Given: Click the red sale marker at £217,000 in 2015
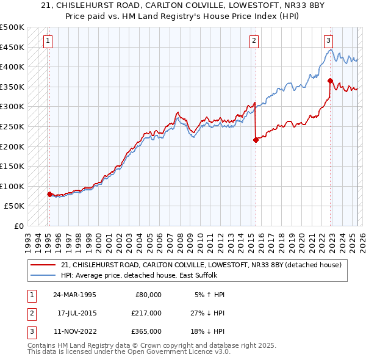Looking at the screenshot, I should tap(256, 140).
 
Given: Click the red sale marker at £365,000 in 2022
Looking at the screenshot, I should tap(330, 81).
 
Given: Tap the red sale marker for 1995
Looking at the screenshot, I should tap(49, 194).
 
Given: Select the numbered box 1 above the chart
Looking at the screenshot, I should tap(48, 41).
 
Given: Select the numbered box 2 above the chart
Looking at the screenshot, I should tap(254, 41).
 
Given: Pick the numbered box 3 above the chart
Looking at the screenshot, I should tap(328, 41).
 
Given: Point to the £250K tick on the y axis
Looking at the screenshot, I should tap(12, 126).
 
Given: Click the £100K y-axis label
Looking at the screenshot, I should tap(12, 186).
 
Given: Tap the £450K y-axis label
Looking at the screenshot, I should tap(12, 47).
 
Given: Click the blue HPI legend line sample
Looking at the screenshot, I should tap(43, 275).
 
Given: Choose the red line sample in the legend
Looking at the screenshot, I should tap(43, 264).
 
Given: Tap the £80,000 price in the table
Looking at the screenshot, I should tap(148, 295).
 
